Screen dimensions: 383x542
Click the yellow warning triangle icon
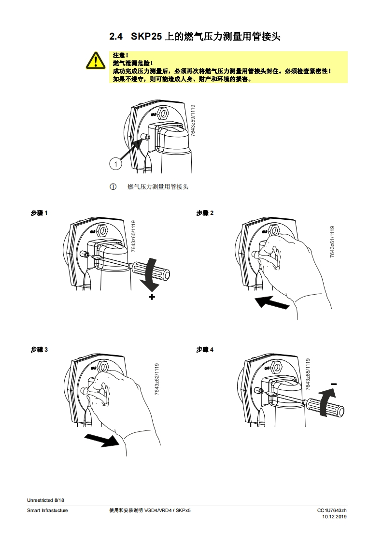(x=96, y=60)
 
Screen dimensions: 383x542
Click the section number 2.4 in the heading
(x=116, y=37)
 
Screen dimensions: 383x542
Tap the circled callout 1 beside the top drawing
(x=116, y=163)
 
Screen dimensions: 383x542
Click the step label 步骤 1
(x=39, y=213)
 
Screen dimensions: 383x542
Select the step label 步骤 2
(x=205, y=213)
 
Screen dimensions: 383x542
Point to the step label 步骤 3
(x=39, y=349)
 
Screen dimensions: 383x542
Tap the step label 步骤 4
(x=205, y=349)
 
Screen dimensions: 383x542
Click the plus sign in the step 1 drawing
(x=152, y=297)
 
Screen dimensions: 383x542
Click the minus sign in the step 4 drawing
(x=334, y=384)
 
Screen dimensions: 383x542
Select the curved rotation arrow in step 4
(x=326, y=401)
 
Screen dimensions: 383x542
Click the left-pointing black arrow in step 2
(x=272, y=302)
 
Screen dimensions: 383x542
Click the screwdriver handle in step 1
(x=150, y=270)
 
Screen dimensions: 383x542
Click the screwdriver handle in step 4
(x=324, y=407)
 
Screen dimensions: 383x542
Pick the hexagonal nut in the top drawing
(x=163, y=113)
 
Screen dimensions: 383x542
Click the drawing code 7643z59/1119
(x=193, y=121)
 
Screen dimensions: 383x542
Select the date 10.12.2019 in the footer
(x=334, y=517)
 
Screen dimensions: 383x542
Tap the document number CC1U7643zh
(x=332, y=510)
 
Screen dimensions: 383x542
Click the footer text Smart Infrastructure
(x=47, y=510)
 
